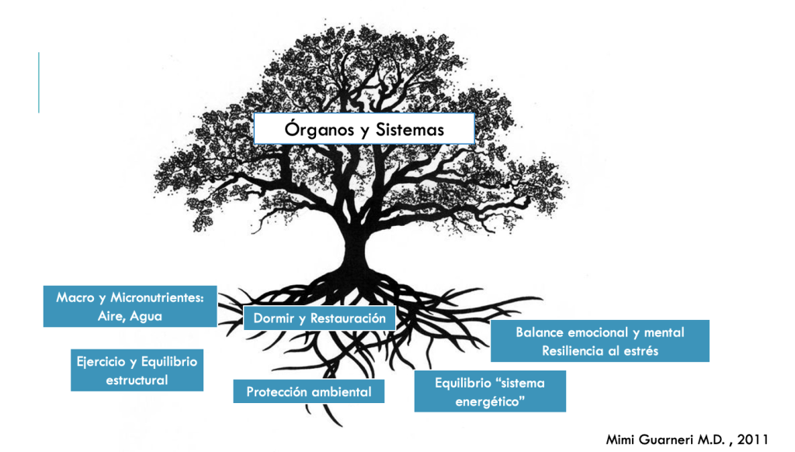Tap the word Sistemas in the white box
pyautogui.click(x=410, y=130)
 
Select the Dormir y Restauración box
pyautogui.click(x=319, y=318)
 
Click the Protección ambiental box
pyautogui.click(x=309, y=391)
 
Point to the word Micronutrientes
pyautogui.click(x=158, y=297)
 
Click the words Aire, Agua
pyautogui.click(x=130, y=316)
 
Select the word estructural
pyautogui.click(x=137, y=381)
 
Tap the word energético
pyautogui.click(x=489, y=402)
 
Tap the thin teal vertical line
pyautogui.click(x=39, y=82)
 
